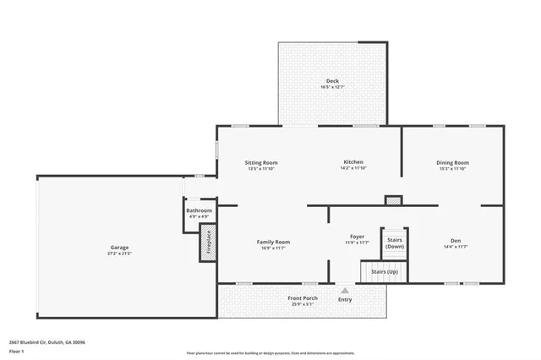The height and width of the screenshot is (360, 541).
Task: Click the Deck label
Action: pos(333,81)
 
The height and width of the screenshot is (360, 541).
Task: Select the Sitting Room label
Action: pos(261,162)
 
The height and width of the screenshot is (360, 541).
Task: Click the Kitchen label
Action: pos(353,161)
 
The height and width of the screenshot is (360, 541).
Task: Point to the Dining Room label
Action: pos(452,162)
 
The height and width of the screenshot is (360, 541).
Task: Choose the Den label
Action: pos(456,241)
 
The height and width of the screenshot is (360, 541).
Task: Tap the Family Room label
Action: pos(273,242)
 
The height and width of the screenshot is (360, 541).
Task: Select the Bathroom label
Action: pos(199,210)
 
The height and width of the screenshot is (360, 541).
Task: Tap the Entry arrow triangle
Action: pos(345,290)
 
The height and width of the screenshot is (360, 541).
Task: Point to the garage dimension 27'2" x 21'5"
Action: pos(118,254)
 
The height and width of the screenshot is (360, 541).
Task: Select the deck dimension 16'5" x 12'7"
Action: pos(333,87)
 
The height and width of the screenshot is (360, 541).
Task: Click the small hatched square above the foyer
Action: pos(393,200)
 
